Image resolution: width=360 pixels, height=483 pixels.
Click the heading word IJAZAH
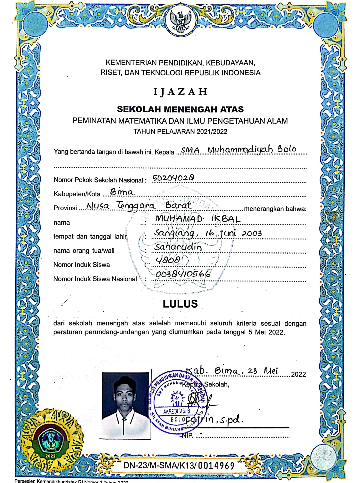tap(180, 92)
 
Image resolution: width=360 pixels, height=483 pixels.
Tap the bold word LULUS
tap(180, 304)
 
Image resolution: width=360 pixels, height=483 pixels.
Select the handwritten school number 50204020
tap(173, 178)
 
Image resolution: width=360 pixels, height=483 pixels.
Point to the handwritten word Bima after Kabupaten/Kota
tap(122, 192)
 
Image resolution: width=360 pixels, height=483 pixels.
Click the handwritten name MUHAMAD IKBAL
tap(198, 219)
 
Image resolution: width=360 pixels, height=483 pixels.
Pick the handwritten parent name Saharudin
tap(178, 247)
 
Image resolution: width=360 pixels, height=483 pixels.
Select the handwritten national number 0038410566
tap(183, 274)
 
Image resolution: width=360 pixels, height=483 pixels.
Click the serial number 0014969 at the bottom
tap(216, 465)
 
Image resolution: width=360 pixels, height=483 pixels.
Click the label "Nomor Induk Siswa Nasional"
tap(95, 279)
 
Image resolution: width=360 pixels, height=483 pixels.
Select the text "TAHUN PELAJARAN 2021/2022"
tap(180, 132)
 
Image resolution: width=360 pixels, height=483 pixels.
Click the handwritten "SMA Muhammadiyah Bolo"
tap(238, 150)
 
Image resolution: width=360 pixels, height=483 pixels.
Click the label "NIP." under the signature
tap(188, 435)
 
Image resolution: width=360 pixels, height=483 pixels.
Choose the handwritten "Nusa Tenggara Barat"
tap(139, 206)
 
